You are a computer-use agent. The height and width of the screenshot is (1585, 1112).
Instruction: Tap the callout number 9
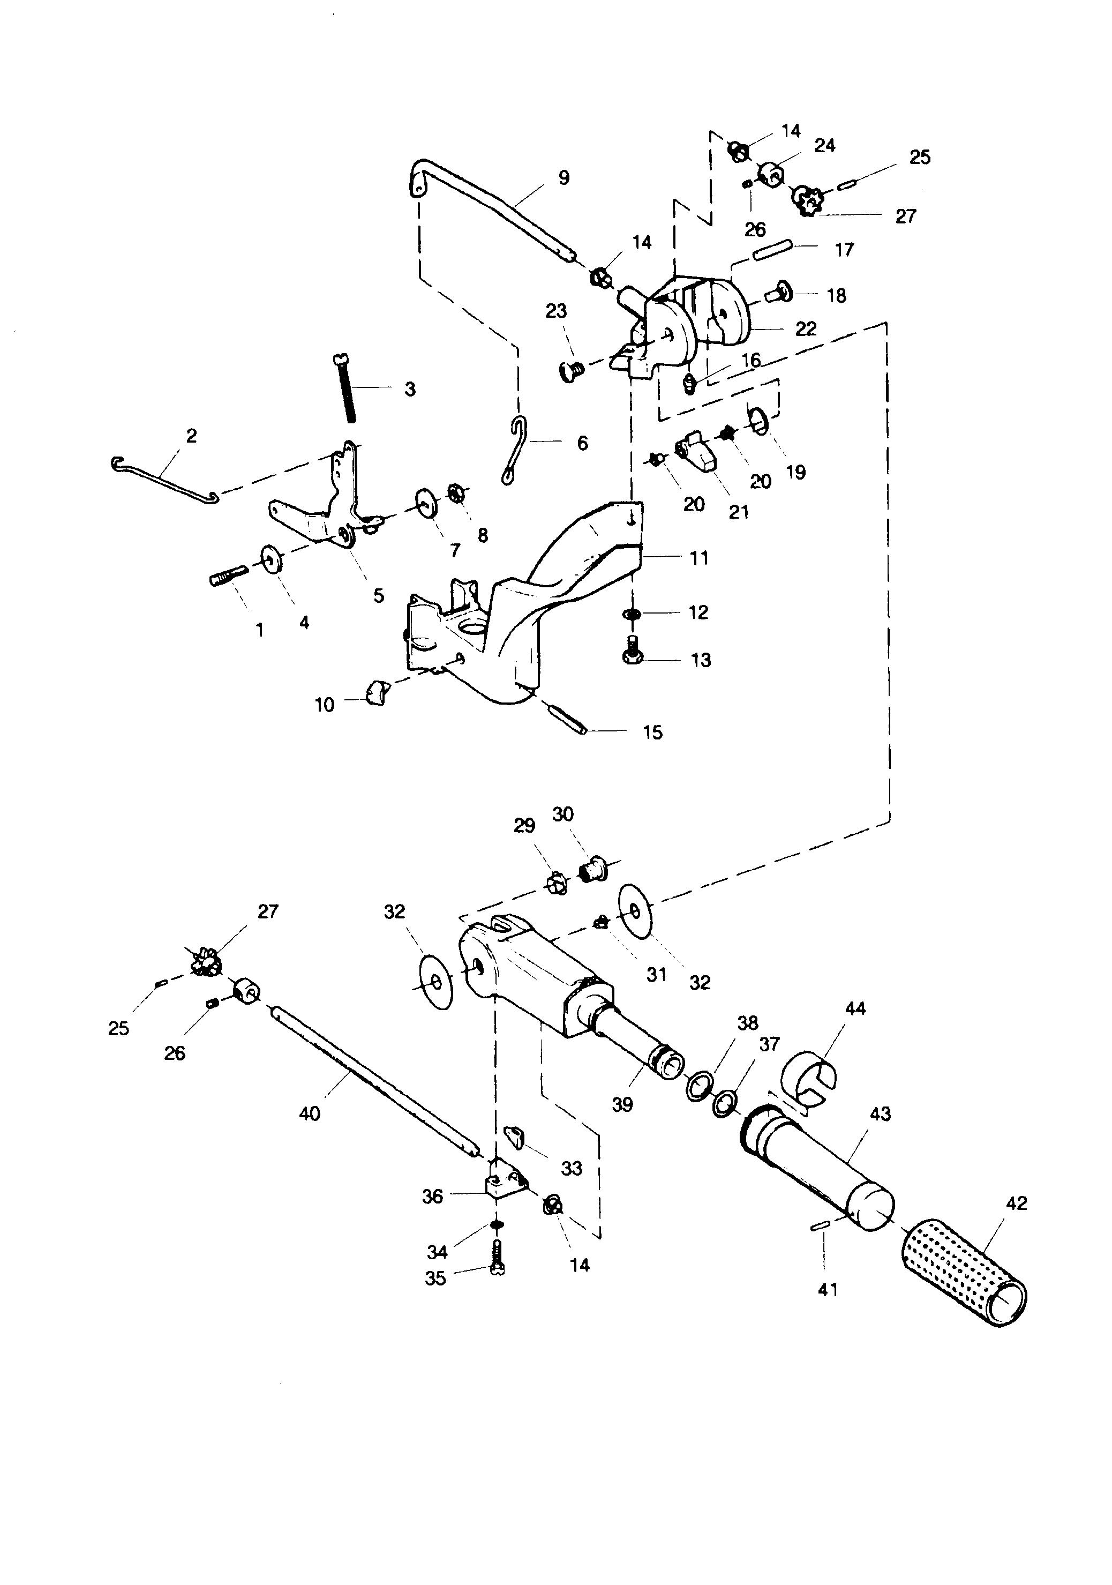coord(564,178)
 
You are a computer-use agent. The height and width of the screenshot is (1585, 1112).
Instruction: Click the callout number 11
coord(699,558)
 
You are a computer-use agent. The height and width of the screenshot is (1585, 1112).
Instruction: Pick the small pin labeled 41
coord(820,1226)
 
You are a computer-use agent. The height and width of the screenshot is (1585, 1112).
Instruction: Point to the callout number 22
coord(806,328)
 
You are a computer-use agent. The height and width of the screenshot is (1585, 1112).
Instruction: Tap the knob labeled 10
coord(377,691)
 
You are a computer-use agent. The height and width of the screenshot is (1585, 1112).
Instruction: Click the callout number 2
coord(191,436)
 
